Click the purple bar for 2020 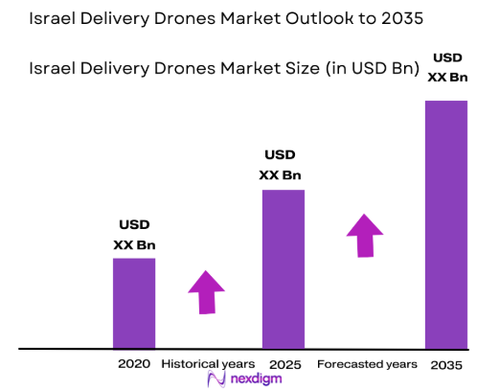coord(134,303)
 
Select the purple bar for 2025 coord(284,268)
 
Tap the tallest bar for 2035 coord(445,223)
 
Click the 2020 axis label coord(134,364)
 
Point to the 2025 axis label coord(284,364)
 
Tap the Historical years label coord(208,364)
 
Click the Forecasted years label coord(367,364)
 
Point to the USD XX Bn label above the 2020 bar coord(134,236)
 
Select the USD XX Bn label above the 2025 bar coord(281,165)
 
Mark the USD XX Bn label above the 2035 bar coord(446,67)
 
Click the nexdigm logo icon coord(216,379)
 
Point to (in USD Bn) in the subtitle coord(367,69)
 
